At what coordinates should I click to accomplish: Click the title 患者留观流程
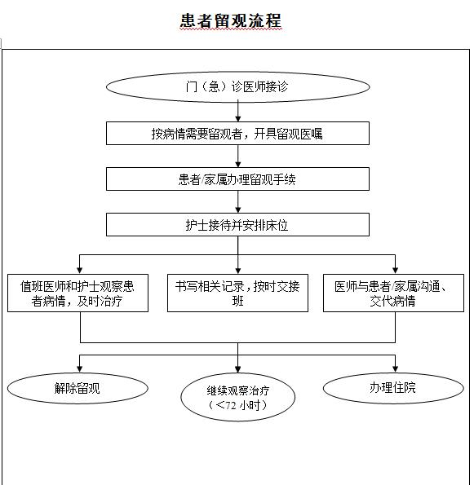[231, 20]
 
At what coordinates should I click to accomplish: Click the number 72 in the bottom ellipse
[230, 405]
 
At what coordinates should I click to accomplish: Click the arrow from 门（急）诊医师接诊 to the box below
[237, 111]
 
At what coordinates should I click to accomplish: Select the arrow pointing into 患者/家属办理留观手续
[237, 157]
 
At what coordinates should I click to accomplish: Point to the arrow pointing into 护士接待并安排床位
[237, 201]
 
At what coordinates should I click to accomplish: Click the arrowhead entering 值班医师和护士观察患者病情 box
[80, 271]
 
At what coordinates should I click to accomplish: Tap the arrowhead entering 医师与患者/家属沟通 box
[395, 271]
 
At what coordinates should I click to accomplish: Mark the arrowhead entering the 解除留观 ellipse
[80, 369]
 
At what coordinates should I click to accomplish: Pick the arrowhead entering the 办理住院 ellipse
[395, 369]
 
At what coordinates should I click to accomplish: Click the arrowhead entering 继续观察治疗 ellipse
[237, 369]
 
